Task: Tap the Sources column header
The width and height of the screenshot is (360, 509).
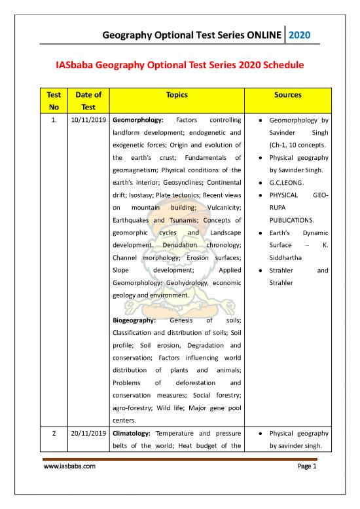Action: coord(289,94)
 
